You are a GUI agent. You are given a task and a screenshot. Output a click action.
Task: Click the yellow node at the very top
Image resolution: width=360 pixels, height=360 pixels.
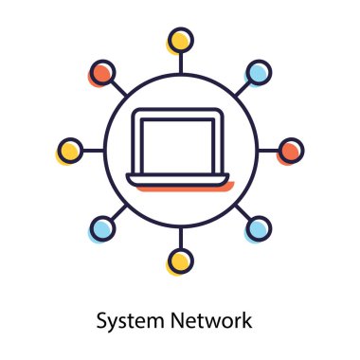tap(180, 41)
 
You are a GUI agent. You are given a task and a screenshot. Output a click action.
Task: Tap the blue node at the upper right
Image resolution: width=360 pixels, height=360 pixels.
tap(258, 72)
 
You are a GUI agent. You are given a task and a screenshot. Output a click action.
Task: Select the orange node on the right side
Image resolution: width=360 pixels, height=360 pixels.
tap(291, 150)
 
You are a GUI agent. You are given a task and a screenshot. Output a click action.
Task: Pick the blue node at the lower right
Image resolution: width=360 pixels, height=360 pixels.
tap(258, 227)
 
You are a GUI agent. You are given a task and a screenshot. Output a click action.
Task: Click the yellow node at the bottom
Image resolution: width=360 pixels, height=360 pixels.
tap(180, 260)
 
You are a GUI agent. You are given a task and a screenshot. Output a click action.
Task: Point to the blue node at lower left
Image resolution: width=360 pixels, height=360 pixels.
tap(102, 227)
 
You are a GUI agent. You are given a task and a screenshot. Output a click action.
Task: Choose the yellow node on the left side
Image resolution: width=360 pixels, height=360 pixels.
tap(69, 150)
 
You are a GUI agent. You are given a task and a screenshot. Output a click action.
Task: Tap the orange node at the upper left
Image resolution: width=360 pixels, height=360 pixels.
tap(102, 72)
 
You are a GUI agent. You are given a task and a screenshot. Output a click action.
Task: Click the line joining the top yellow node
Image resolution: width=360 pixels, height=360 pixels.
tap(180, 62)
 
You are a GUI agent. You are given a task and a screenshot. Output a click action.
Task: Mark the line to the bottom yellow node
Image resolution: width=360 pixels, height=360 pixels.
tap(180, 238)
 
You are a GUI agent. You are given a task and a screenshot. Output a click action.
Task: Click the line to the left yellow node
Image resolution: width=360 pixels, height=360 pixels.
tap(92, 150)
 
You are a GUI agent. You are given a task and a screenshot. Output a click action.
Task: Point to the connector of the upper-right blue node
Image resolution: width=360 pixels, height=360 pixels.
tap(243, 87)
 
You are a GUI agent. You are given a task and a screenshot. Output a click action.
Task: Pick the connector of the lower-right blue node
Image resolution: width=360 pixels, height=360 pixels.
tap(243, 212)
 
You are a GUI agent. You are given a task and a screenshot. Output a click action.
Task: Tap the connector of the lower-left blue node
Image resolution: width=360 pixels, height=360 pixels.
tap(117, 212)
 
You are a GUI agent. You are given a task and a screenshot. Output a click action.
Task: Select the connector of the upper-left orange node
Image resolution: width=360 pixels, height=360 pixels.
tap(117, 87)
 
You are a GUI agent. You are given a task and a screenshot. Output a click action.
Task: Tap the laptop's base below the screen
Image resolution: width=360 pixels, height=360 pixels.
tap(180, 180)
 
